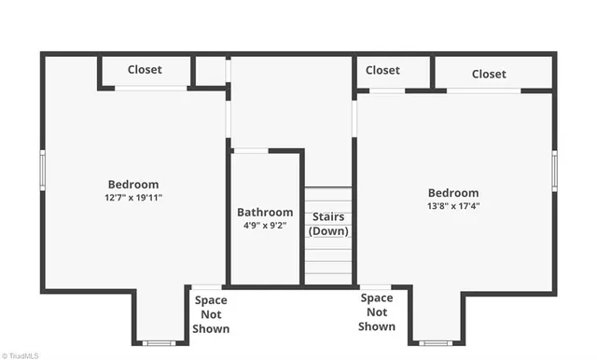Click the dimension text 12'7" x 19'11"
133,198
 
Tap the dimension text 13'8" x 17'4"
453,206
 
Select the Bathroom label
265,212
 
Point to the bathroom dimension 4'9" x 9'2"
265,226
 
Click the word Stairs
329,217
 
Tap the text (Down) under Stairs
329,230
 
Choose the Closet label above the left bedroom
145,70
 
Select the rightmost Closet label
489,74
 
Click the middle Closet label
382,70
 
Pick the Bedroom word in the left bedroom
133,185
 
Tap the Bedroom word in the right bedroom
453,193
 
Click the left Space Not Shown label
212,314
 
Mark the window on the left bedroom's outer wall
42,172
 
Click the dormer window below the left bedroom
159,342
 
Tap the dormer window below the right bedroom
436,342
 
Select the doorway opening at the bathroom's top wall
250,150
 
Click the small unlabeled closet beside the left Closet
211,71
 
